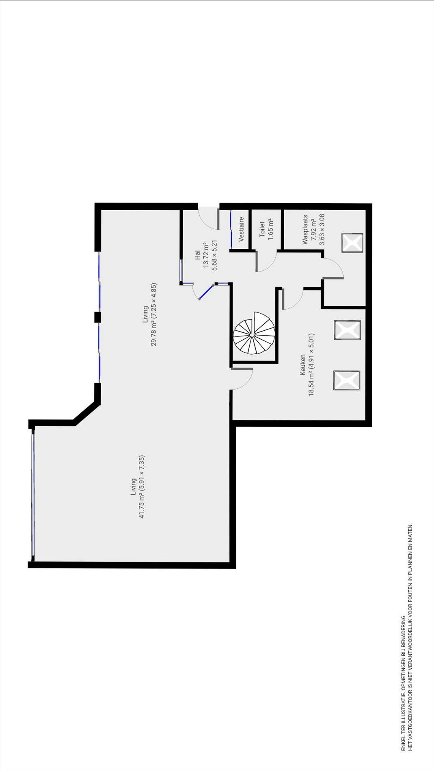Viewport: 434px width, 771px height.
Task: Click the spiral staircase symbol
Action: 254,333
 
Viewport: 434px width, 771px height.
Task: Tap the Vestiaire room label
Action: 242,229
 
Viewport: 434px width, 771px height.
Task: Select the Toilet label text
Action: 262,229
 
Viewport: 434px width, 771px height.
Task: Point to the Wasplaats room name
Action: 305,229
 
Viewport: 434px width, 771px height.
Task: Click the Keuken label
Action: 303,364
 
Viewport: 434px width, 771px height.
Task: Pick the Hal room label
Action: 197,255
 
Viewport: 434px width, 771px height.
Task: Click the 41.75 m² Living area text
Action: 142,487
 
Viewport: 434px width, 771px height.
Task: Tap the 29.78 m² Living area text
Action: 154,314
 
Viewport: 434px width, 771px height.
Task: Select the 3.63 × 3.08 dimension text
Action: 322,229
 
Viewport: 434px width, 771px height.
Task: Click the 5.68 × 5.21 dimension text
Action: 215,255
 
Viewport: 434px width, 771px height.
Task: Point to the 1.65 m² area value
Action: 270,229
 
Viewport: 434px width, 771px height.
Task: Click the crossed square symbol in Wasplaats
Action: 352,243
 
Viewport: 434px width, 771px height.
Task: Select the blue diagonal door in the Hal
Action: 207,292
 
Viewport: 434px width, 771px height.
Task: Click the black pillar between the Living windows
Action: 97,317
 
